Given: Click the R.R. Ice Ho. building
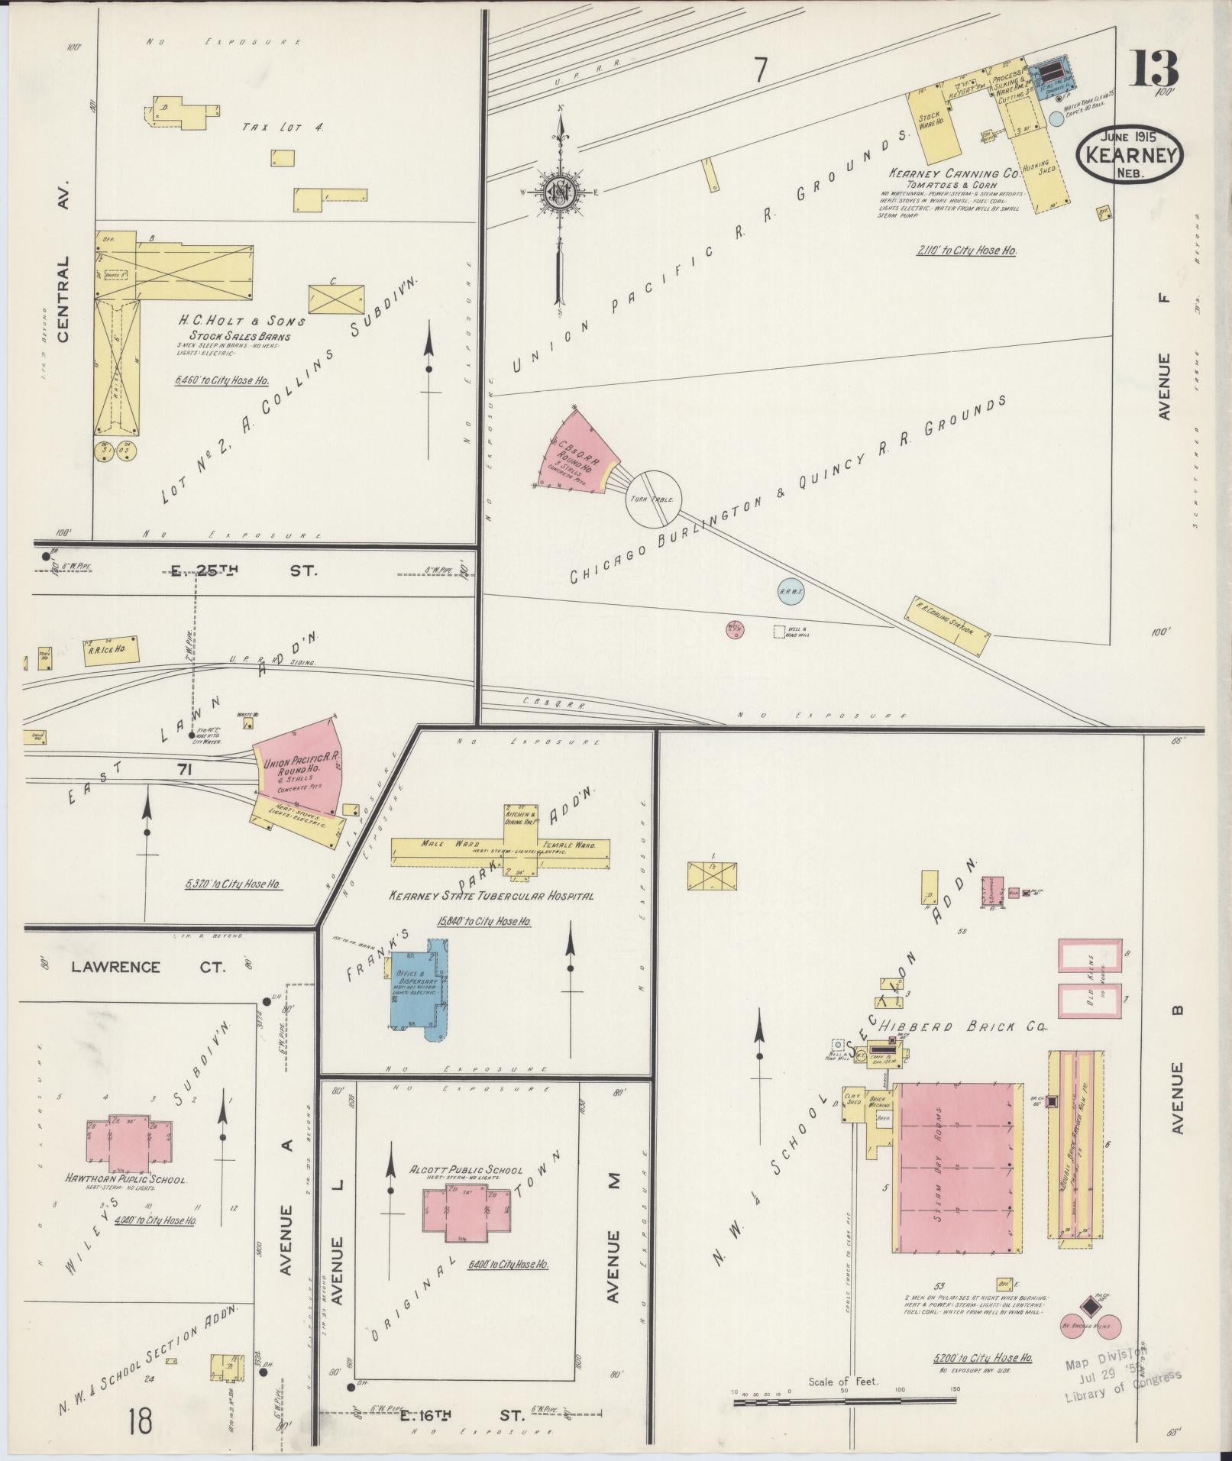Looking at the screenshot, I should pos(112,650).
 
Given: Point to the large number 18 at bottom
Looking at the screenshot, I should pos(141,1421).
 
